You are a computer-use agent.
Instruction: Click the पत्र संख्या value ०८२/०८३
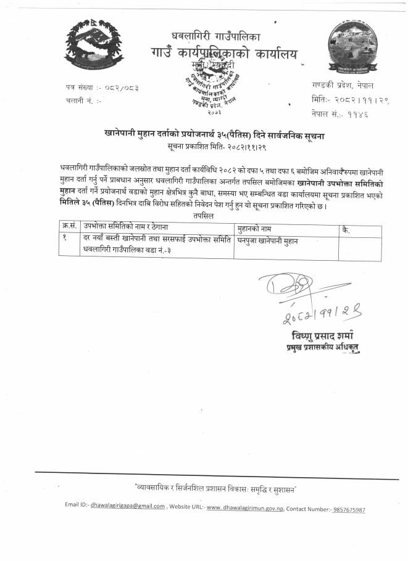pyautogui.click(x=119, y=88)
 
